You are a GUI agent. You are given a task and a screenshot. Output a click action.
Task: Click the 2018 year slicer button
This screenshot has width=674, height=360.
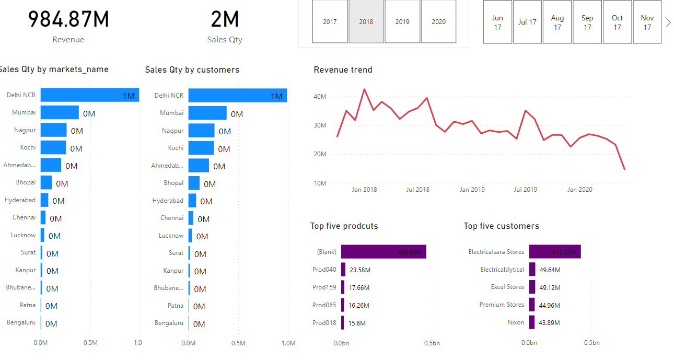click(x=366, y=21)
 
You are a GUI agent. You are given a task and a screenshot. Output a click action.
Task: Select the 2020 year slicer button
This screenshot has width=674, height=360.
click(x=438, y=21)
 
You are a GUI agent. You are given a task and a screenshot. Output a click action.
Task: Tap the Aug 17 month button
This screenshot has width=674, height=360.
click(x=557, y=22)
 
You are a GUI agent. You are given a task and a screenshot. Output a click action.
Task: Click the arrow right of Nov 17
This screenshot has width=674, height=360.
click(x=668, y=22)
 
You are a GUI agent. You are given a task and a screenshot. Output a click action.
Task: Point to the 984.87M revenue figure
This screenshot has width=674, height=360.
click(x=68, y=19)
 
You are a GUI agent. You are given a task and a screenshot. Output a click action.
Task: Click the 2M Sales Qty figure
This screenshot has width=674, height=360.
click(x=225, y=19)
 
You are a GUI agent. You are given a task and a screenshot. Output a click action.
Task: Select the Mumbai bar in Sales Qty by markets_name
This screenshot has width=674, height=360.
click(x=60, y=112)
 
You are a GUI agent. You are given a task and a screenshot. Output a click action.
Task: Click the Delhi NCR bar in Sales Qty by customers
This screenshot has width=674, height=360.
click(x=237, y=96)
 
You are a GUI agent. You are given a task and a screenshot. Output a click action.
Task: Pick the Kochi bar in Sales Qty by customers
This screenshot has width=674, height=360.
click(x=201, y=148)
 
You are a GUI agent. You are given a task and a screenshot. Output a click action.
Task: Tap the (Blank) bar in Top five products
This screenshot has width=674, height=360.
click(x=384, y=252)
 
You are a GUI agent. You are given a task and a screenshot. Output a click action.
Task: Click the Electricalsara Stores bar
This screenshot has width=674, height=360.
click(x=554, y=252)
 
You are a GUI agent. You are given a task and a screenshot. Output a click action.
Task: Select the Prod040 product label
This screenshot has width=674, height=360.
click(x=324, y=270)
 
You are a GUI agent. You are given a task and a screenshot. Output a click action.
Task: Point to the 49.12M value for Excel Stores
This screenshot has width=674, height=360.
click(x=550, y=287)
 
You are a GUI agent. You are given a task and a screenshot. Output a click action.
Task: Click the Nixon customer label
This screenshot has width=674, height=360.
click(x=516, y=322)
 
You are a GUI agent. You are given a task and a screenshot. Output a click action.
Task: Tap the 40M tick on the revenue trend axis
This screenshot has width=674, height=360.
click(x=320, y=97)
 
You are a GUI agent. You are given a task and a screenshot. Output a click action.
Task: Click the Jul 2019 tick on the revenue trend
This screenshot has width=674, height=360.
click(x=526, y=190)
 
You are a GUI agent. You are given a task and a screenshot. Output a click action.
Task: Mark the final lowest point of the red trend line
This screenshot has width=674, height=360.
click(x=624, y=169)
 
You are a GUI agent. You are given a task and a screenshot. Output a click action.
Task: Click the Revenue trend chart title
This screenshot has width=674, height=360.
click(x=343, y=70)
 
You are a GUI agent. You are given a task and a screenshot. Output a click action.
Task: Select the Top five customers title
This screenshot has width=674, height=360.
click(x=501, y=226)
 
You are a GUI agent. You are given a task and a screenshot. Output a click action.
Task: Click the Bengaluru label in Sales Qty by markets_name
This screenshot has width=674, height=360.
click(x=21, y=323)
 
